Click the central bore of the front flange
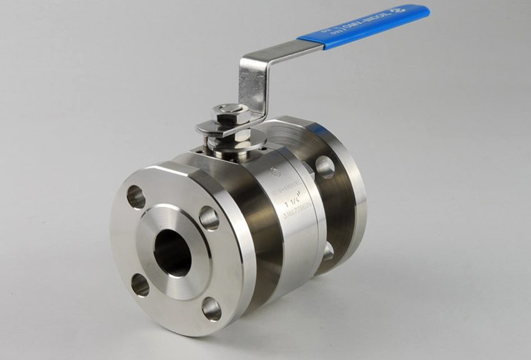(172, 254)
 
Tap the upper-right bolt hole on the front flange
(209, 218)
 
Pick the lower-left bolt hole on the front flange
(140, 285)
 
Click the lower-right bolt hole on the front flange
(211, 308)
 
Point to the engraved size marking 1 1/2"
(292, 204)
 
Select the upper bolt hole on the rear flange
(324, 167)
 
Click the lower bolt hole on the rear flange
(327, 251)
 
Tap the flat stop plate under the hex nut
(212, 129)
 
